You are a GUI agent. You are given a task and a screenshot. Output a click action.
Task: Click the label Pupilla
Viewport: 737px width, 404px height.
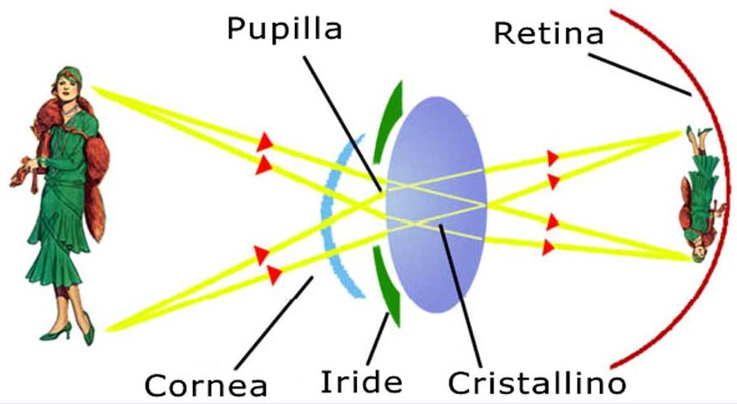[284, 30]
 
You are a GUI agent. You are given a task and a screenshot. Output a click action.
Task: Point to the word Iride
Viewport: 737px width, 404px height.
[361, 382]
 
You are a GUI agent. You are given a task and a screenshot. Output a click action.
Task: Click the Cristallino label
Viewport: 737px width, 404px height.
[537, 382]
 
